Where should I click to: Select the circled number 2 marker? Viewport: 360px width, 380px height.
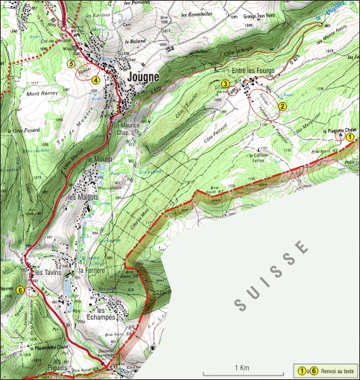click(282, 107)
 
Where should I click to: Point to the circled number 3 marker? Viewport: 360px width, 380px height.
click(225, 83)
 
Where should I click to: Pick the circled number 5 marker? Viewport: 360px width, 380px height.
click(71, 64)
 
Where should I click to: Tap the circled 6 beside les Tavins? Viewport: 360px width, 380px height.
click(19, 290)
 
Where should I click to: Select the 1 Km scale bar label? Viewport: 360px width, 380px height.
click(240, 368)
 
